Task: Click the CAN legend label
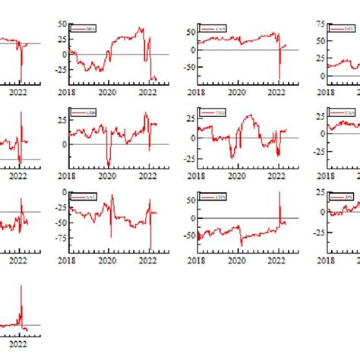(221, 29)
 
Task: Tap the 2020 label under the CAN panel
(238, 91)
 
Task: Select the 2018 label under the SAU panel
(68, 259)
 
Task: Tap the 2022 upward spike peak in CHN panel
(279, 192)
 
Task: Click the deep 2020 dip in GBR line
(108, 166)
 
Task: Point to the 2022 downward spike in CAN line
(279, 79)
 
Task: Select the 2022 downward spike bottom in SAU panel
(150, 248)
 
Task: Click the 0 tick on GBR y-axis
(63, 144)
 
